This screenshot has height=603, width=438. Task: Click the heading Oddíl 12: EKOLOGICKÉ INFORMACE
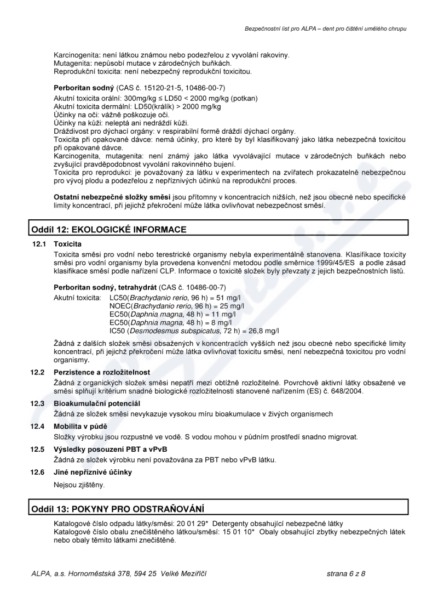(x=108, y=229)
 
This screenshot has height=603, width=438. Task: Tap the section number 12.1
(x=37, y=243)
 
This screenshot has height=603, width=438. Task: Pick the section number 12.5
(x=37, y=449)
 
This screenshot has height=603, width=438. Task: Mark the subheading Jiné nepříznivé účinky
(x=93, y=472)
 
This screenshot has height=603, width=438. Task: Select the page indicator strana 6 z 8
(x=345, y=573)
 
